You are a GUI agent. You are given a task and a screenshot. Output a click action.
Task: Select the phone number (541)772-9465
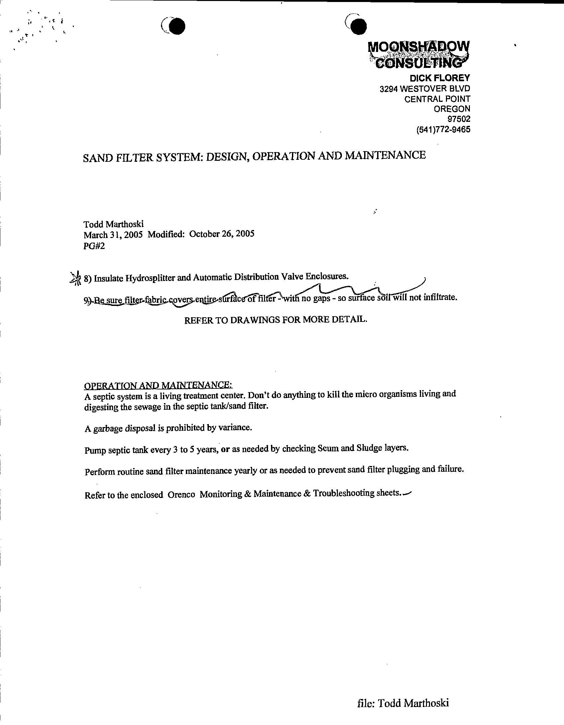(x=443, y=129)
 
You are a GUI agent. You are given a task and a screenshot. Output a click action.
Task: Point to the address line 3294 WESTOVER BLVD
(x=425, y=89)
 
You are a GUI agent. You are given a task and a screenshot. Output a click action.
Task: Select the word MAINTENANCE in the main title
(x=385, y=155)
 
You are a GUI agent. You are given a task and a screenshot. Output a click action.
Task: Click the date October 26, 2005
(x=222, y=234)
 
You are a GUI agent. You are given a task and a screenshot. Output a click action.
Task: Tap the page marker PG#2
(x=94, y=246)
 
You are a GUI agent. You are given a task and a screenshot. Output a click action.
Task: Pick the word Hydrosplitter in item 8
(x=150, y=278)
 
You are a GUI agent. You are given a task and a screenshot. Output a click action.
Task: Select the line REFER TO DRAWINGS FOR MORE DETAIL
(x=276, y=320)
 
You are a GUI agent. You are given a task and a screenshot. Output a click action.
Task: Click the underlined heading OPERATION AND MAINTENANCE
(x=158, y=385)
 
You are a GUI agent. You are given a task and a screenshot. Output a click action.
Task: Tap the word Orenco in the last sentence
(x=181, y=495)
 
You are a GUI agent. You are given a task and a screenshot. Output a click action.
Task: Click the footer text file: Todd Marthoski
(x=403, y=702)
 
